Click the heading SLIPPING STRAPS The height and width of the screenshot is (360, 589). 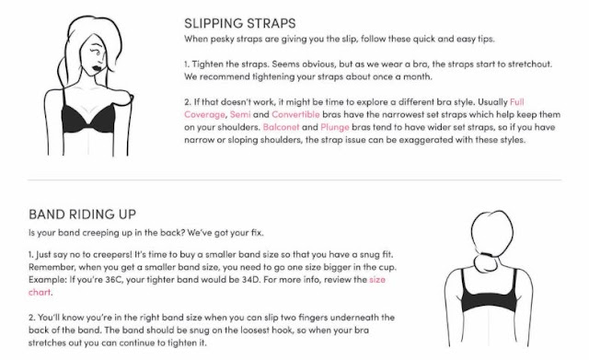239,23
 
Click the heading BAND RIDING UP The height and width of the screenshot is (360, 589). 82,215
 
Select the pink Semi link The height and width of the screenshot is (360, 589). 240,114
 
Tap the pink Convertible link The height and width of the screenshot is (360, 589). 295,114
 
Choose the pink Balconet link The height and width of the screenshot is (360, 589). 281,127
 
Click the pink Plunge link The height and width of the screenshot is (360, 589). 335,127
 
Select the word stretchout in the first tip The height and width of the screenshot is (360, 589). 530,64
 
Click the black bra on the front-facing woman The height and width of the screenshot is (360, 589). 88,118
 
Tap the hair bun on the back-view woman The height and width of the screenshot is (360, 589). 486,262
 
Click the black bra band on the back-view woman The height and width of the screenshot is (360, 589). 489,301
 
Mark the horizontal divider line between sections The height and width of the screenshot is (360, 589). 294,180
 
